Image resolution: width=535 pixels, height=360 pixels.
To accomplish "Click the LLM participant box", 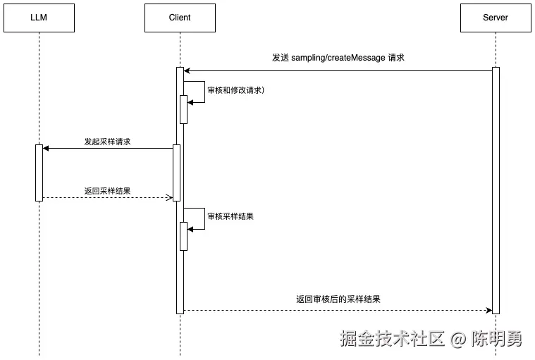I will (x=39, y=18).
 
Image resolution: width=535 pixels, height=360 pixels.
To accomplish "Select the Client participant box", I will (x=180, y=18).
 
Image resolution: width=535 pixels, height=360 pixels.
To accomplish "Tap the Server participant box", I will (x=496, y=18).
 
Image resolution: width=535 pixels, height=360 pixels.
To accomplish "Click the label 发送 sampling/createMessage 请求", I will (x=338, y=58).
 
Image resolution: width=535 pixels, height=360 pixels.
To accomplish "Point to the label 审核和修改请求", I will (x=235, y=90).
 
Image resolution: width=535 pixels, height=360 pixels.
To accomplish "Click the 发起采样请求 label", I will (x=107, y=142).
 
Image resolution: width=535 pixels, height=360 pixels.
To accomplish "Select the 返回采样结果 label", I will (x=107, y=191).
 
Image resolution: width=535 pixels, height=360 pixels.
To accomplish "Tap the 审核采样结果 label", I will (x=230, y=216).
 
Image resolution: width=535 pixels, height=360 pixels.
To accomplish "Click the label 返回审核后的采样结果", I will (x=338, y=299).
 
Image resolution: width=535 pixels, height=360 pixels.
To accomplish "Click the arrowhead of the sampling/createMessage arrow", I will (x=187, y=70).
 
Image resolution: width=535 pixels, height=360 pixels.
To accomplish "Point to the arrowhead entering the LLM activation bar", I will (x=46, y=148).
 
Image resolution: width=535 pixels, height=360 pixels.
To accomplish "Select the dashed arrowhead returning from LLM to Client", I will (x=169, y=197).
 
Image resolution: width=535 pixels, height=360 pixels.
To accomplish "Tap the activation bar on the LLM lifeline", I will (x=39, y=173).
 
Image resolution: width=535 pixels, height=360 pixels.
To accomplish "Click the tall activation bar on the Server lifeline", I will (x=496, y=190).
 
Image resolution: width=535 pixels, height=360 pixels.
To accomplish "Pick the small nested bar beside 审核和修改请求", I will (x=183, y=109).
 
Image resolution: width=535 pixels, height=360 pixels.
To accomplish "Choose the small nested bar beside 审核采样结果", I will (x=183, y=236).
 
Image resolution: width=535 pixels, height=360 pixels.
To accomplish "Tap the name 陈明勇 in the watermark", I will (x=497, y=339).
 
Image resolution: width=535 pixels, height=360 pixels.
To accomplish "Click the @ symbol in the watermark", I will (x=458, y=340).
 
